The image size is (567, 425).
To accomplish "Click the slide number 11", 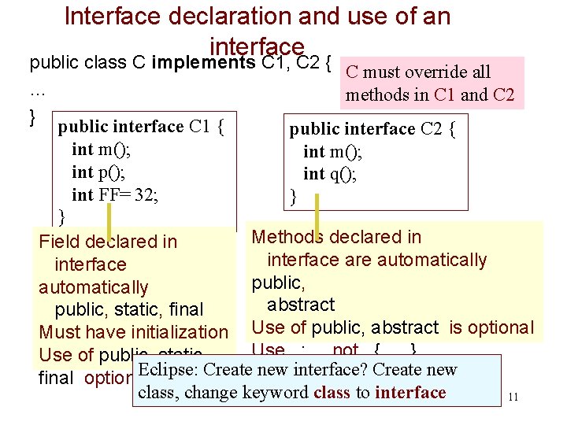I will (513, 396).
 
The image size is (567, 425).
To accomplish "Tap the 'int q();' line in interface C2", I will (330, 174).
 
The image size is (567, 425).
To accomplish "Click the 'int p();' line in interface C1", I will (98, 172).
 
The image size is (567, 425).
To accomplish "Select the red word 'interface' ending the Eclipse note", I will (410, 392).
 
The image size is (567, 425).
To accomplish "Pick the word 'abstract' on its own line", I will (301, 305).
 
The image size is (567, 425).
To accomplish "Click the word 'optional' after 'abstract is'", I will (500, 327).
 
